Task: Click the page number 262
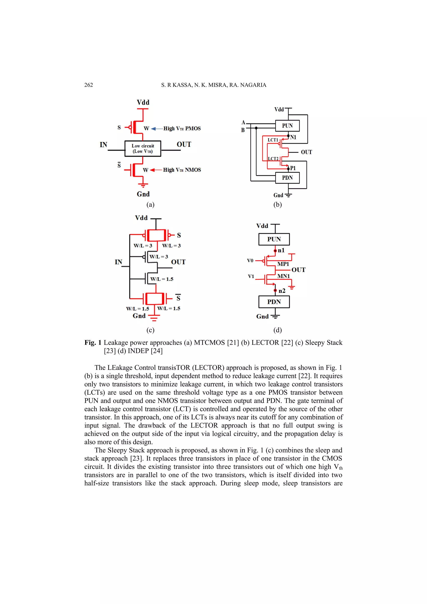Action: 88,85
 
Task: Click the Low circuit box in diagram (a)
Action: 143,149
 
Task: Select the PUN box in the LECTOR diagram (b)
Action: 287,126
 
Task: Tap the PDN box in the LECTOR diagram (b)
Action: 287,178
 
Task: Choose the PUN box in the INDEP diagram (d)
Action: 274,239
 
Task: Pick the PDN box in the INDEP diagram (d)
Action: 274,302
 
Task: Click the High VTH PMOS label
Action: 182,128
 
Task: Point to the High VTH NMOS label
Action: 182,170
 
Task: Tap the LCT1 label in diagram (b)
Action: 273,140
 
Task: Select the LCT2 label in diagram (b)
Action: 273,159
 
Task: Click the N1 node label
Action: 293,137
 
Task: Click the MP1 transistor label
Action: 283,264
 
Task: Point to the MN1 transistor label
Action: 283,276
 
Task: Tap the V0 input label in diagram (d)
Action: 250,260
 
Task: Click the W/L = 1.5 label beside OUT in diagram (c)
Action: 162,279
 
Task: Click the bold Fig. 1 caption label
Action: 93,343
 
